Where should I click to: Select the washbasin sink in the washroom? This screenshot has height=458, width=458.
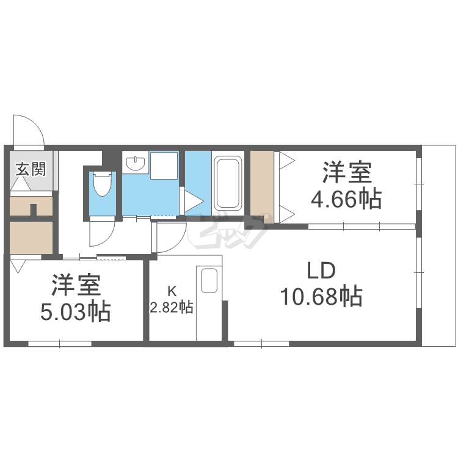coord(135,164)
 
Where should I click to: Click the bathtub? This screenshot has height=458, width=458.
coord(228,183)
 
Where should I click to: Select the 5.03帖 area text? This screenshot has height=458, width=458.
coord(76,312)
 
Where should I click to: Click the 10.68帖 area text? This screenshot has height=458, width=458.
coord(321,297)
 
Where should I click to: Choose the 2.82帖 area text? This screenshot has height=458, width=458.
coord(172,307)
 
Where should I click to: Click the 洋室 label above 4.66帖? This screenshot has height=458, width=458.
coord(347,173)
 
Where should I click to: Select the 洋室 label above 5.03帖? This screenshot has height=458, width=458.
coord(75,285)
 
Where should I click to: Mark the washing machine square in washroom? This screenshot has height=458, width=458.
coord(163,165)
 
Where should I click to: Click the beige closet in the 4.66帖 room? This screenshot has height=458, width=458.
coord(261,182)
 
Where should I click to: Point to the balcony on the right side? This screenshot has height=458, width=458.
coord(438,244)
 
